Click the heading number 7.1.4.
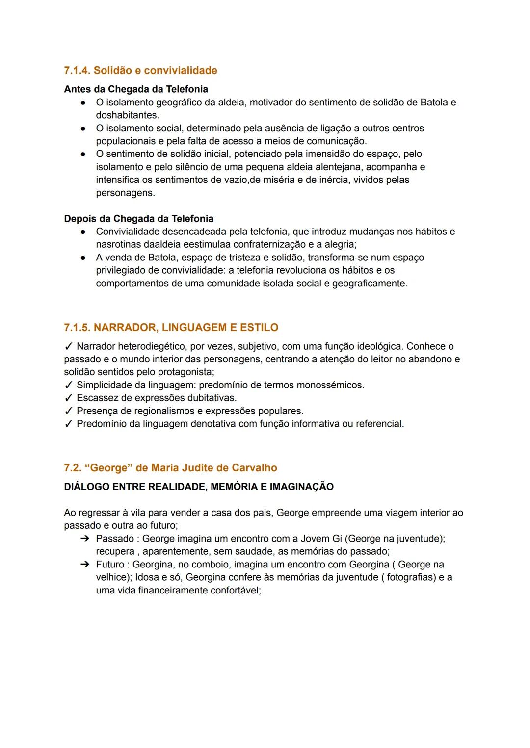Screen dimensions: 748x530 (x=77, y=71)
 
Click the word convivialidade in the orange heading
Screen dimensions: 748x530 (x=180, y=71)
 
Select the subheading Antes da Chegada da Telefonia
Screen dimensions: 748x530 (x=136, y=89)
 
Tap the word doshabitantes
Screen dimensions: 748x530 (x=127, y=115)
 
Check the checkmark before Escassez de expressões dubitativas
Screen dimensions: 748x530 (x=69, y=398)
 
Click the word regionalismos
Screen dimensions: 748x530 (x=162, y=411)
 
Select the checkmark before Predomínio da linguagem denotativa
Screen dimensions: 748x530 (x=69, y=424)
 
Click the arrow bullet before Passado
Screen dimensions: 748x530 (x=84, y=539)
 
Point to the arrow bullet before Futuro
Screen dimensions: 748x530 (x=84, y=565)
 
